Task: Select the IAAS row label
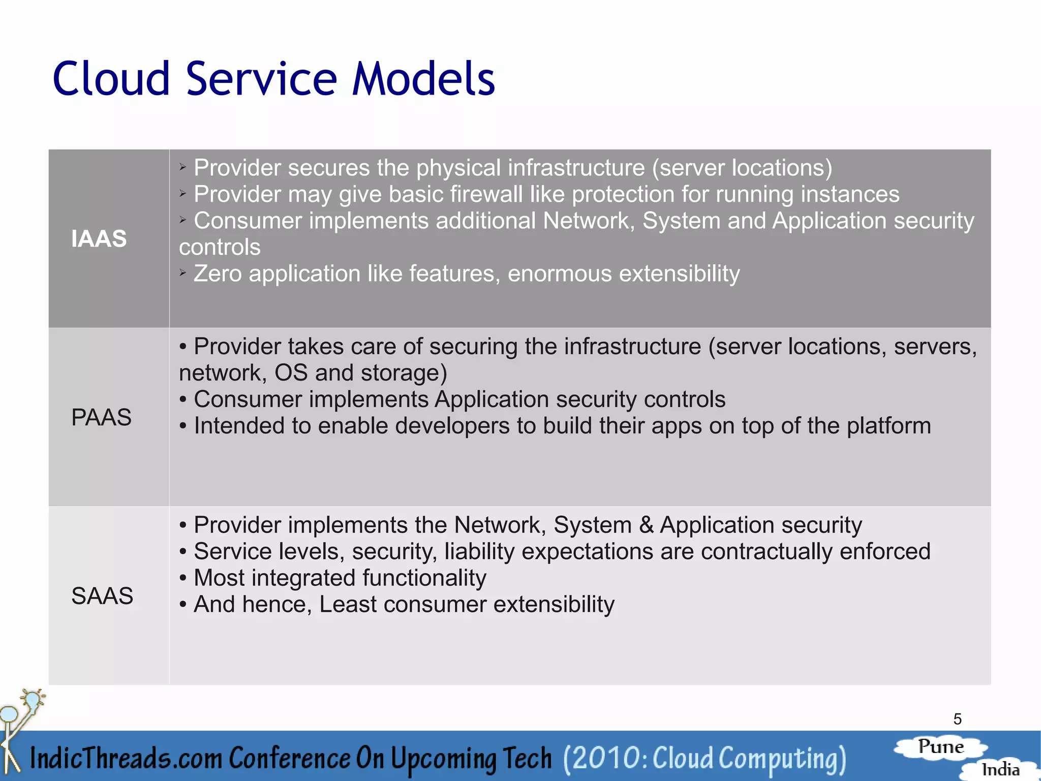pos(99,239)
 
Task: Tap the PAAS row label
pos(101,417)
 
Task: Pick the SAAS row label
pos(102,596)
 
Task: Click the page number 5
pos(957,719)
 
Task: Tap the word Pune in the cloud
pos(940,747)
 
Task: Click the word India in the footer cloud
pos(1000,769)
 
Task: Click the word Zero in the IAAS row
pos(218,274)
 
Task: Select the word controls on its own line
pos(220,247)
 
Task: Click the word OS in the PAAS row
pos(291,373)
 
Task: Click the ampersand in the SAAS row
pos(646,525)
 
